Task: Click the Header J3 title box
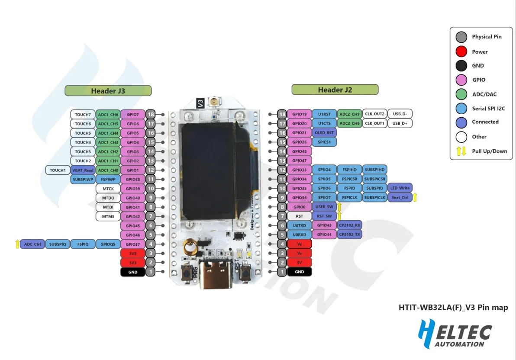click(x=108, y=91)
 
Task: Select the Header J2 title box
click(x=335, y=90)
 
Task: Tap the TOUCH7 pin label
click(x=83, y=115)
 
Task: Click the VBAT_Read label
click(x=83, y=170)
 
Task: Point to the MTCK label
click(x=108, y=189)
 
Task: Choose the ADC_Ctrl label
click(x=32, y=244)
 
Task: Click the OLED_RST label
click(x=324, y=133)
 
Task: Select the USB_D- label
click(x=400, y=114)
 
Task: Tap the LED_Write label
click(x=400, y=188)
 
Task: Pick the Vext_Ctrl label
click(x=400, y=197)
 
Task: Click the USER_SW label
click(x=324, y=207)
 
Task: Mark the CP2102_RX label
click(x=349, y=225)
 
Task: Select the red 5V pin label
click(x=299, y=263)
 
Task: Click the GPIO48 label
click(x=299, y=151)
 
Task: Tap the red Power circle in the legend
click(x=461, y=52)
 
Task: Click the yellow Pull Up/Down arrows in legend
click(x=461, y=151)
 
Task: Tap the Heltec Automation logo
click(x=455, y=334)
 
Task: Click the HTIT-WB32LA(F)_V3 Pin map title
click(x=453, y=308)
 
